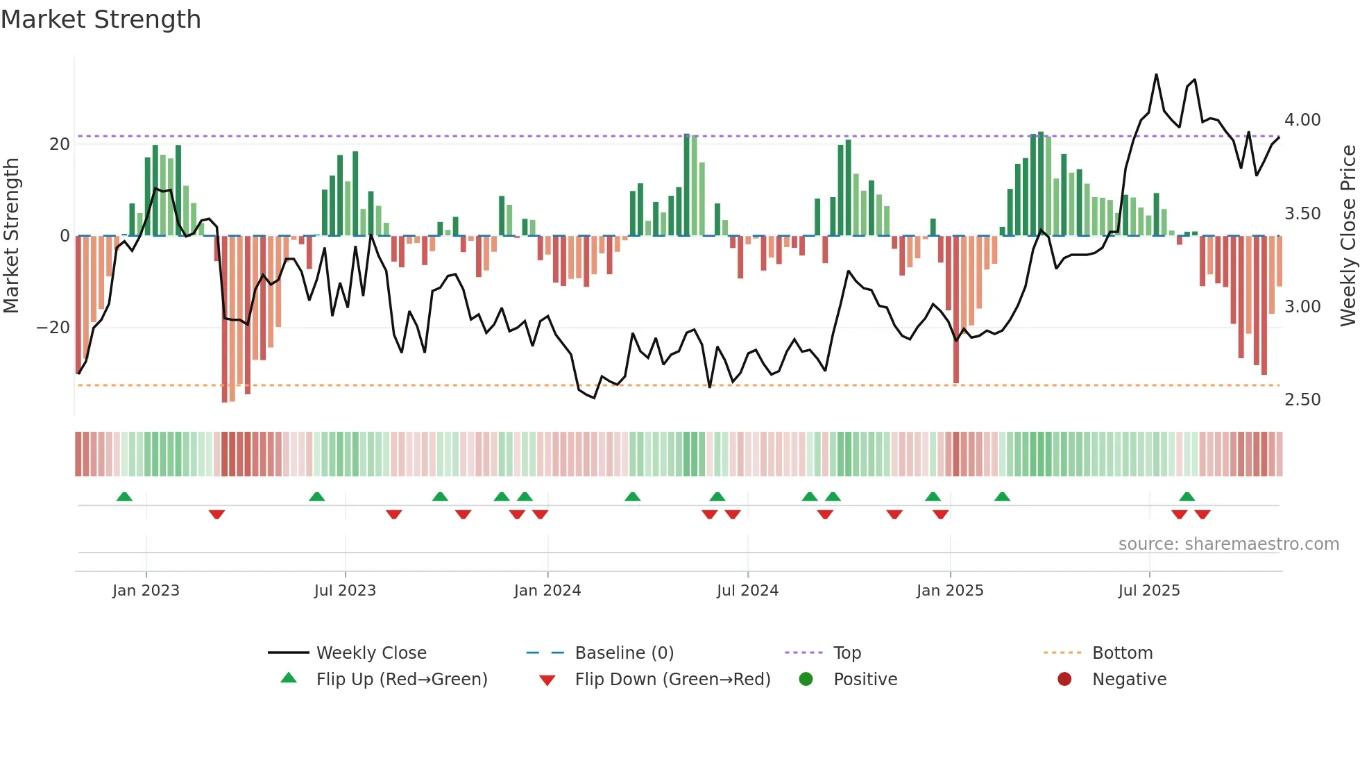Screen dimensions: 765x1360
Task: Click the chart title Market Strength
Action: tap(101, 19)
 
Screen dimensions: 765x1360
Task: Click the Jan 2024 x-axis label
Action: tap(547, 591)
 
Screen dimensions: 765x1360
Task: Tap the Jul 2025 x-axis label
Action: tap(1148, 591)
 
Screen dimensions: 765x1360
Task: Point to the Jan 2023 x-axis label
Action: tap(146, 591)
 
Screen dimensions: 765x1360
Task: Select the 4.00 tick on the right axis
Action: tap(1302, 120)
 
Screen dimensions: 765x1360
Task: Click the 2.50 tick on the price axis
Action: tap(1302, 400)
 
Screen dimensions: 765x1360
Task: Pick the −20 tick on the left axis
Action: tap(53, 328)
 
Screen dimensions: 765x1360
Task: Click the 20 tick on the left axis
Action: tap(60, 144)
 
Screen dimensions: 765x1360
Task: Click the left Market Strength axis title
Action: tap(11, 236)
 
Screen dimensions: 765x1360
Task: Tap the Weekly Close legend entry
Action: tap(371, 653)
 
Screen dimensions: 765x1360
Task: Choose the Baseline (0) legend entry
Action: tap(624, 653)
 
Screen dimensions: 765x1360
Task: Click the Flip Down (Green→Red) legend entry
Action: tap(672, 680)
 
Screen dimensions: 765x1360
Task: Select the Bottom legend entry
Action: tap(1121, 653)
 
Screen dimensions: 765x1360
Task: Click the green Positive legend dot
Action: tap(806, 680)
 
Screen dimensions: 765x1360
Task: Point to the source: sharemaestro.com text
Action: tap(1228, 544)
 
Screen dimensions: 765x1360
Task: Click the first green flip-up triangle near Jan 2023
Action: tap(124, 497)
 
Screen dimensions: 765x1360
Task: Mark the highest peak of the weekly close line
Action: tap(1156, 75)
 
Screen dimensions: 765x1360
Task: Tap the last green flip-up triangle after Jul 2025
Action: tap(1187, 497)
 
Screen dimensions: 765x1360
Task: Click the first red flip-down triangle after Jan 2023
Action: tap(216, 514)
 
